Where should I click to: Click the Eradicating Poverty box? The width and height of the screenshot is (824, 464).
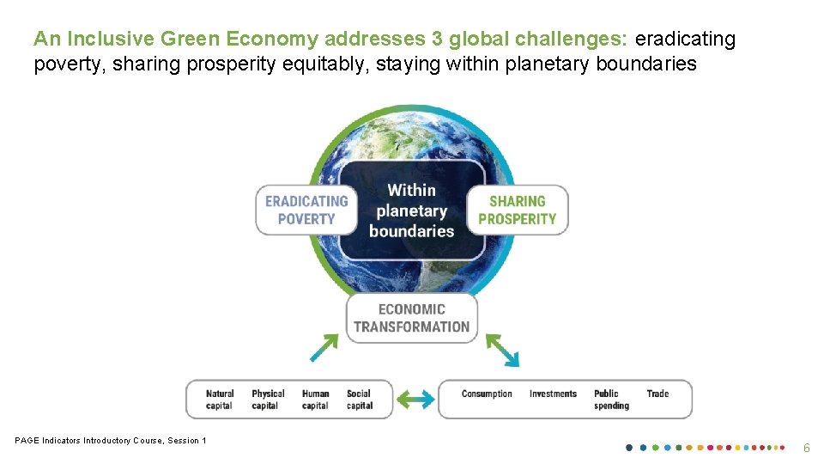(306, 210)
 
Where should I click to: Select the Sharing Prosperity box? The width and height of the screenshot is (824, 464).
(517, 210)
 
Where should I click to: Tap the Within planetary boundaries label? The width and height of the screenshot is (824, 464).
(411, 211)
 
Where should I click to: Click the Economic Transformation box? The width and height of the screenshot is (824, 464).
(411, 318)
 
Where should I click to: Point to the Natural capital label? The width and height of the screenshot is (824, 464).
(220, 400)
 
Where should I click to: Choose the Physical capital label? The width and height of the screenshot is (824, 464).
(268, 400)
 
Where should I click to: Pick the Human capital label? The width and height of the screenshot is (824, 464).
(315, 400)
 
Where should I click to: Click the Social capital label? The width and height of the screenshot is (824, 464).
(359, 400)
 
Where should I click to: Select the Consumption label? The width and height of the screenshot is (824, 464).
(487, 394)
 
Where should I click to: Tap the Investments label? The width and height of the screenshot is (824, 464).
(553, 394)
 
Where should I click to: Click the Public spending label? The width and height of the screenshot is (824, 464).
(611, 400)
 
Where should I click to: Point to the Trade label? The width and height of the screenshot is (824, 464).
(657, 394)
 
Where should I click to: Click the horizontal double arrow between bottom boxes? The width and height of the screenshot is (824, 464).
(415, 400)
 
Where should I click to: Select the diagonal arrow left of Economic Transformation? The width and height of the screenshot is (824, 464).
(324, 348)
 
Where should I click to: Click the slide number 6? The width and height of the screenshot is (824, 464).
(806, 448)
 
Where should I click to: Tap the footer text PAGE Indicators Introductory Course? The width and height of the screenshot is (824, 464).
(111, 441)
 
